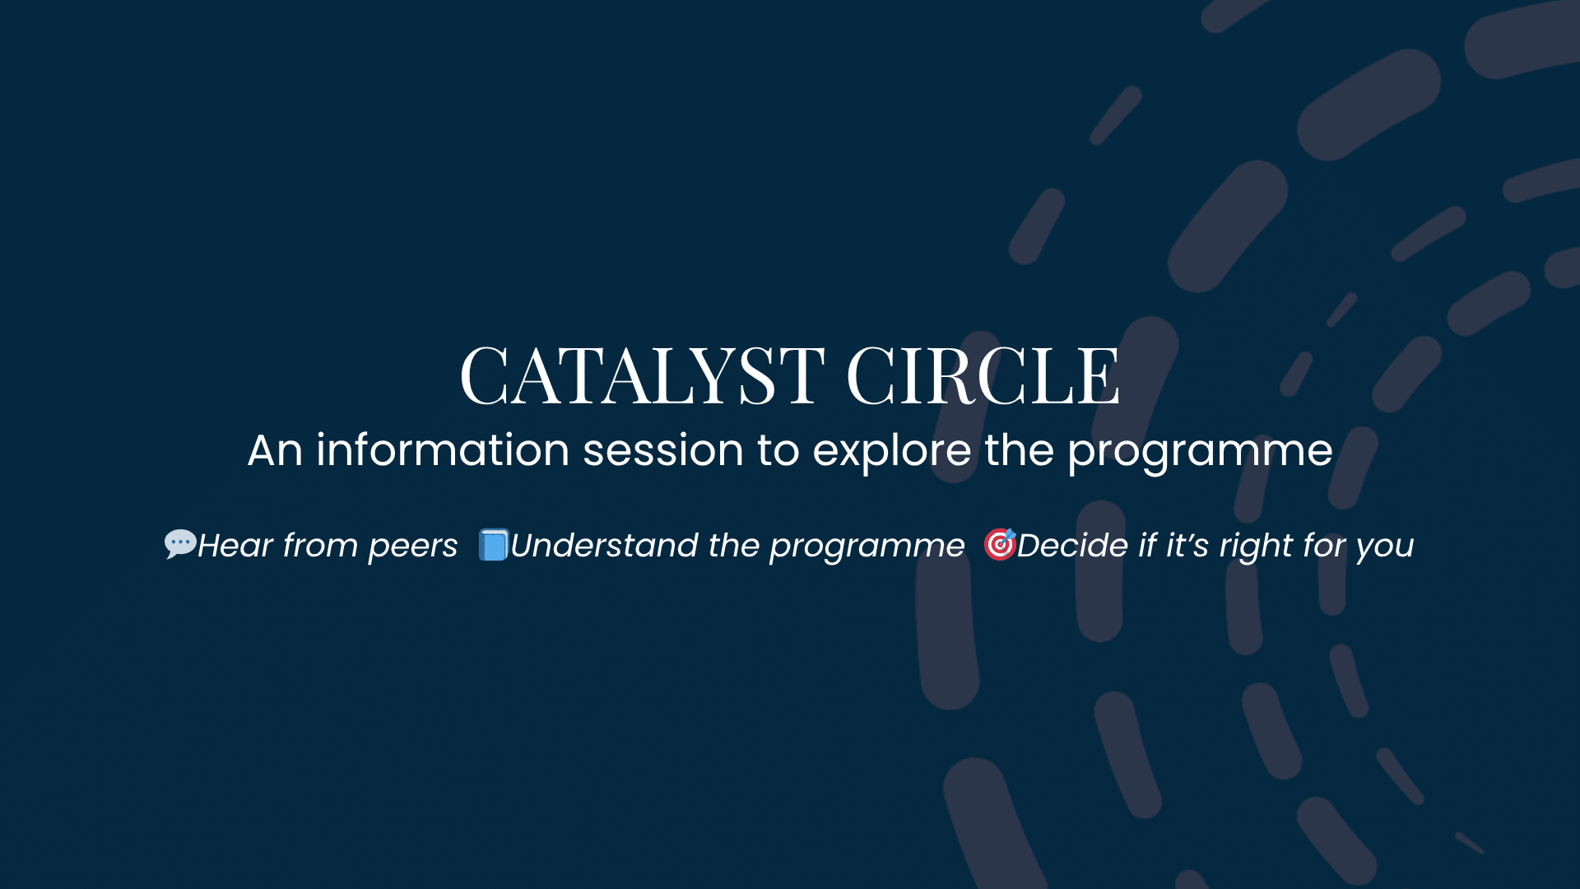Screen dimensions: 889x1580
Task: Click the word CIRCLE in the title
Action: [x=983, y=376]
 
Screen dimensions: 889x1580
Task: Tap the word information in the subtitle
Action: [x=443, y=450]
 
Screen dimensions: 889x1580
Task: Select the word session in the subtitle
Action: [x=663, y=450]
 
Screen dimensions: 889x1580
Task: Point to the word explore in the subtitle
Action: [x=891, y=452]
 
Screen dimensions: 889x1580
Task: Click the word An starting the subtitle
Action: [x=275, y=450]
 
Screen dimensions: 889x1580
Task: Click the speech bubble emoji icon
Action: [x=179, y=544]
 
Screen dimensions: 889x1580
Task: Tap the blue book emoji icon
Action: [x=494, y=545]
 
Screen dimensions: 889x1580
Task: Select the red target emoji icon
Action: [x=1000, y=544]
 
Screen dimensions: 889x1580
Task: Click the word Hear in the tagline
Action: [x=235, y=545]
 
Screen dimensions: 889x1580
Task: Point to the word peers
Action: [x=412, y=547]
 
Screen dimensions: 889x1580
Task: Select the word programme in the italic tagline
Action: [x=867, y=547]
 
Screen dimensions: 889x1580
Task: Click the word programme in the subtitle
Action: [x=1200, y=452]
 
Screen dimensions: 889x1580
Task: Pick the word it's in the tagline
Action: [x=1187, y=545]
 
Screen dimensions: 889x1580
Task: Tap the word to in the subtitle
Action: [x=778, y=450]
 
